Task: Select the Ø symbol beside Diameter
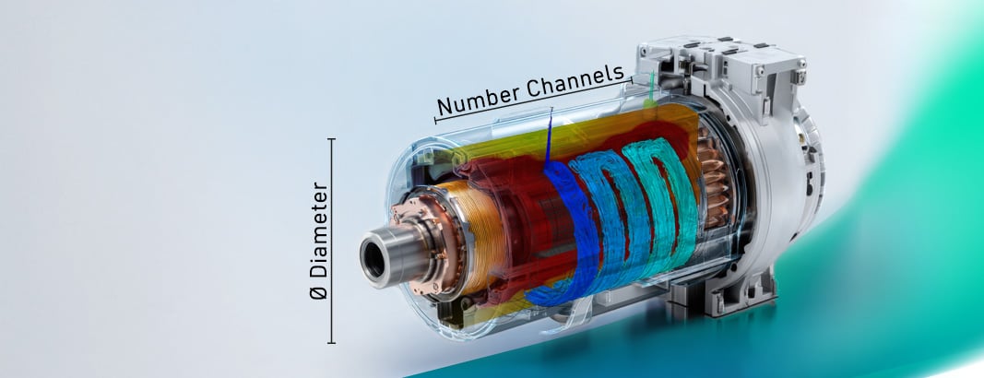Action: click(x=319, y=291)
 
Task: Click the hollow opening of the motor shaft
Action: click(x=374, y=259)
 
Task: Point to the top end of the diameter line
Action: click(x=331, y=139)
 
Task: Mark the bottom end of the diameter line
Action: click(x=331, y=342)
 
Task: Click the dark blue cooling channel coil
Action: click(x=568, y=232)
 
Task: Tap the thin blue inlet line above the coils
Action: click(x=550, y=138)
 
